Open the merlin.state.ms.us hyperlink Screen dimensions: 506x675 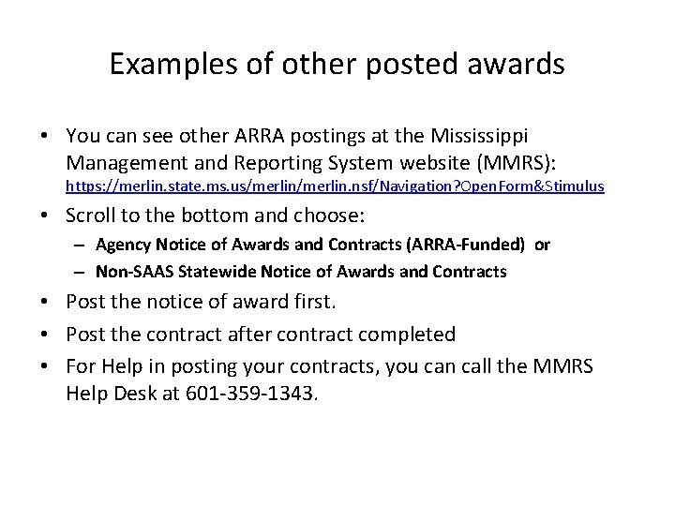[335, 186]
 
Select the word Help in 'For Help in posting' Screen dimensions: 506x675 [115, 364]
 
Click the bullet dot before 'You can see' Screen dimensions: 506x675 [45, 138]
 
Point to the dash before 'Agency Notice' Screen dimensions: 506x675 [82, 246]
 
